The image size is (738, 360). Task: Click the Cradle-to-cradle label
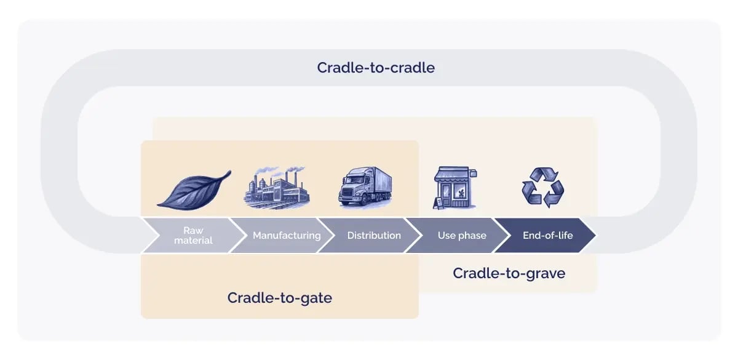coord(376,68)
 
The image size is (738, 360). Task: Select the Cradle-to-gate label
coord(280,298)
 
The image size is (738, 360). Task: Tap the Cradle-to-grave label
coord(509,273)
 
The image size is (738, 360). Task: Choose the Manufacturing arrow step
coord(287,235)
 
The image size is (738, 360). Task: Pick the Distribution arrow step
coord(374,235)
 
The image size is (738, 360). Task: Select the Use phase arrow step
coord(462,235)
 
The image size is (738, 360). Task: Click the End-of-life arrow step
coord(547,235)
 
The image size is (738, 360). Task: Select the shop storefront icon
coord(455,188)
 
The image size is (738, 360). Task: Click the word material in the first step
coord(193,240)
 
